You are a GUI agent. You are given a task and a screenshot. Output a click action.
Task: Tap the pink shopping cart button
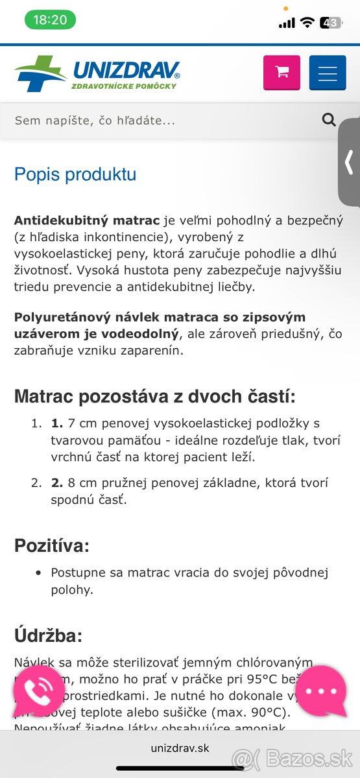(x=282, y=73)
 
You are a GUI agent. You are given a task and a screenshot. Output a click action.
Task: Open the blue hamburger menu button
(x=328, y=73)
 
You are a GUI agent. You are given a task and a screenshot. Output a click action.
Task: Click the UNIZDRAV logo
(x=97, y=73)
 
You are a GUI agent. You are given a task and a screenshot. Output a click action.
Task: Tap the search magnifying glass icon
(x=329, y=119)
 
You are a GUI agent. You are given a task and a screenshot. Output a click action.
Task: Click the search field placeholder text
(x=95, y=121)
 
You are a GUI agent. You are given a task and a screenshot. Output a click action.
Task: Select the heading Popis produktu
(x=75, y=174)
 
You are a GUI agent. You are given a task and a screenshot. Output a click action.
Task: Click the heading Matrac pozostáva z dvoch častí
(x=155, y=396)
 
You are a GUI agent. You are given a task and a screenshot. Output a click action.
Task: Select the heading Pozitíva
(x=51, y=546)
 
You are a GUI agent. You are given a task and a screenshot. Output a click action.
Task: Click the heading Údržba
(x=49, y=635)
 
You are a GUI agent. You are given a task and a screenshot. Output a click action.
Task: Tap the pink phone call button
(x=38, y=691)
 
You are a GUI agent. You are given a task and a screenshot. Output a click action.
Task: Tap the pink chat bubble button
(x=321, y=691)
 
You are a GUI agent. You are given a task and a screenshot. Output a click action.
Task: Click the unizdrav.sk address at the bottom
(x=180, y=748)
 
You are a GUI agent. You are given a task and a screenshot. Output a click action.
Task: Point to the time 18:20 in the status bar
(x=50, y=20)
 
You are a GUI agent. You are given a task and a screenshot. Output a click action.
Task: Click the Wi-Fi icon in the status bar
(x=307, y=23)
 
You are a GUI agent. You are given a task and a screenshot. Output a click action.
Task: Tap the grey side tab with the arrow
(x=349, y=162)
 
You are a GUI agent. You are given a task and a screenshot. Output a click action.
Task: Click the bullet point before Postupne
(x=38, y=573)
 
